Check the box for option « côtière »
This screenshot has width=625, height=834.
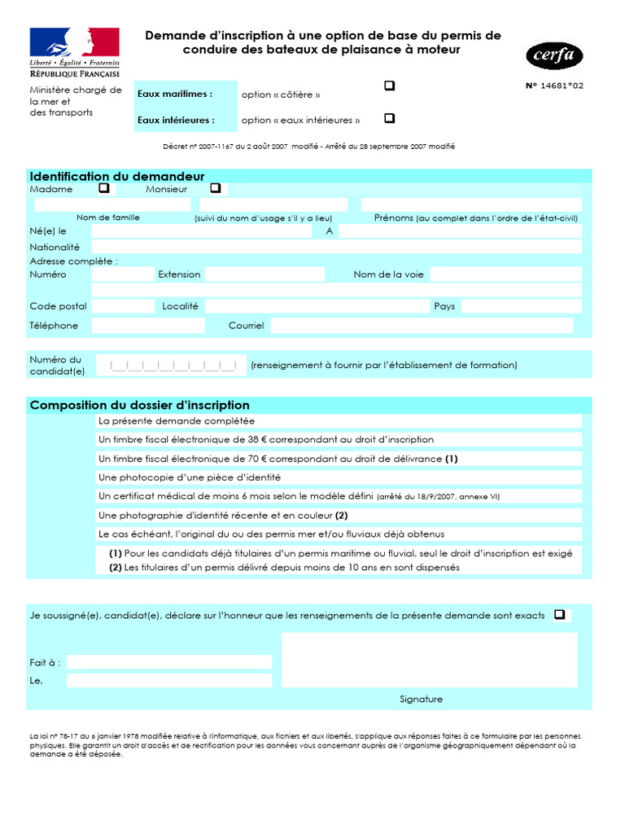tap(389, 86)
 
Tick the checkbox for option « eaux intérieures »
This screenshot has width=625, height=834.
tap(389, 118)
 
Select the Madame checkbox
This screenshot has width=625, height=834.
tap(103, 188)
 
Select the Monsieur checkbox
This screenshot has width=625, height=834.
tap(215, 188)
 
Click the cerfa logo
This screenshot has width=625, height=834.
tap(554, 55)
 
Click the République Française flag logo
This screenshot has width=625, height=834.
tap(74, 42)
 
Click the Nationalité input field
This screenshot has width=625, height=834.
tap(336, 247)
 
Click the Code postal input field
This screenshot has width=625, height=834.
tap(122, 306)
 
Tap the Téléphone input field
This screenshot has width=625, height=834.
tap(146, 326)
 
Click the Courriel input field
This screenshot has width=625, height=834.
tap(421, 326)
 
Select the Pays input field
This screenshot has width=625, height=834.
tap(521, 306)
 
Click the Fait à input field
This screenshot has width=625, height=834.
tap(169, 661)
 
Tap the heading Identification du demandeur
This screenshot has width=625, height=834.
tap(117, 177)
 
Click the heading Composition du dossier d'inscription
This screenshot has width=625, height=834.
tap(140, 405)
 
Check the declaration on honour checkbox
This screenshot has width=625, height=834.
tap(559, 615)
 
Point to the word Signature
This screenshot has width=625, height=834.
tap(421, 699)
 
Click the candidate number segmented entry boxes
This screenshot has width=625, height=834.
tap(173, 366)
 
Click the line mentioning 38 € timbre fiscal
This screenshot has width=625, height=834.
tap(266, 439)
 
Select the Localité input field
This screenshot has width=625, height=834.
tap(317, 306)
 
